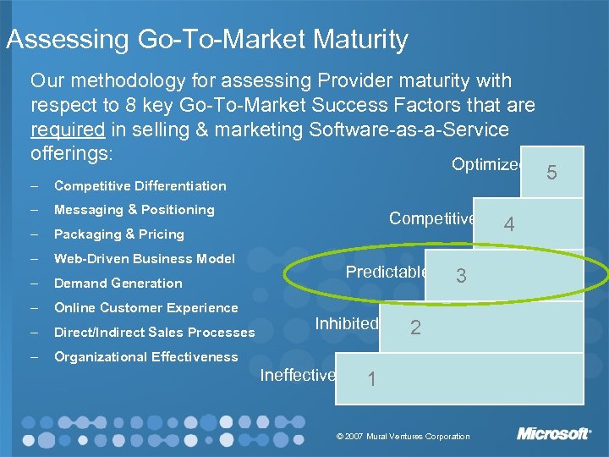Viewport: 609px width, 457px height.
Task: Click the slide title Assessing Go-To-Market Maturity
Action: pos(207,39)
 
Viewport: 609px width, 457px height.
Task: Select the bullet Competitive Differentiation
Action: pos(140,185)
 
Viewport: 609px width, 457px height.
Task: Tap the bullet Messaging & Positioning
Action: pos(134,209)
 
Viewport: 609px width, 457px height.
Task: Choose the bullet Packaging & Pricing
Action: pos(118,234)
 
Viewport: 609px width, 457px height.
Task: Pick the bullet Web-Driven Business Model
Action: pos(144,258)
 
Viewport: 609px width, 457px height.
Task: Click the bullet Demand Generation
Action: pos(118,283)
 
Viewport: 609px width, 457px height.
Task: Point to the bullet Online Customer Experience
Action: pos(145,307)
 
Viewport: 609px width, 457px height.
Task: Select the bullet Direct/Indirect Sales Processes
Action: pos(154,333)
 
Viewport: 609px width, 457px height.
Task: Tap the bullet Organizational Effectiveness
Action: pos(145,356)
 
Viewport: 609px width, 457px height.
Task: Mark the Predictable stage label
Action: pos(386,273)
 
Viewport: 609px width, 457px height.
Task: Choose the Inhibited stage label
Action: pos(346,323)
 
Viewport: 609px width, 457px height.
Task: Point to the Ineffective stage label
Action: pos(298,375)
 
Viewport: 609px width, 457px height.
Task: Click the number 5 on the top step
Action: pos(551,173)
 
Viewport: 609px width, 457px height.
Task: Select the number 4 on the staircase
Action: pos(509,224)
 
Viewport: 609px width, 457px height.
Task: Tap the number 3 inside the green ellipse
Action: pos(461,276)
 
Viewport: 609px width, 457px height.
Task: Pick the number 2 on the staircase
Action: pos(414,328)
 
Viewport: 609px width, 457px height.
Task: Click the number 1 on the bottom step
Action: pos(371,379)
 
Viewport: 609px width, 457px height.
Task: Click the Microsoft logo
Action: pos(554,434)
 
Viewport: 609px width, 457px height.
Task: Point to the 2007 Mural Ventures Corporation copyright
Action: pos(403,436)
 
